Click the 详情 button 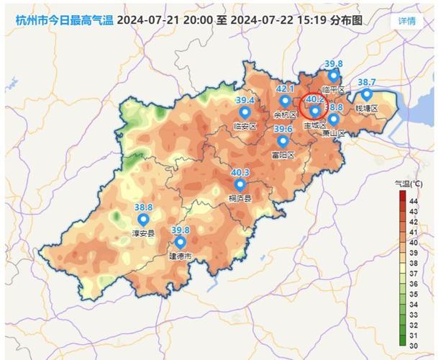pyautogui.click(x=406, y=20)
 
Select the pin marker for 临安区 pyautogui.click(x=245, y=113)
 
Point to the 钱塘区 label pyautogui.click(x=367, y=108)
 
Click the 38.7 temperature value pyautogui.click(x=367, y=83)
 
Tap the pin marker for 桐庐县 pyautogui.click(x=239, y=185)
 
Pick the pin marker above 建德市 pyautogui.click(x=180, y=243)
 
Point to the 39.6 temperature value pyautogui.click(x=283, y=129)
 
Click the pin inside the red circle pyautogui.click(x=314, y=112)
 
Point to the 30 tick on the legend pyautogui.click(x=414, y=346)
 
